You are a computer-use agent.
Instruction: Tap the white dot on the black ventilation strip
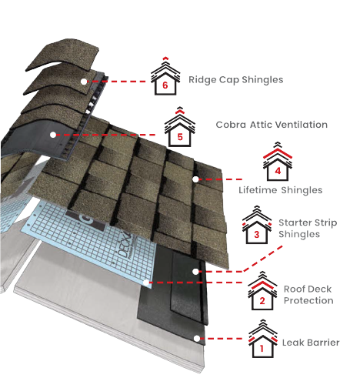tap(53, 135)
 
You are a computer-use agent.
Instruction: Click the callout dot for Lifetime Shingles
tap(197, 179)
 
